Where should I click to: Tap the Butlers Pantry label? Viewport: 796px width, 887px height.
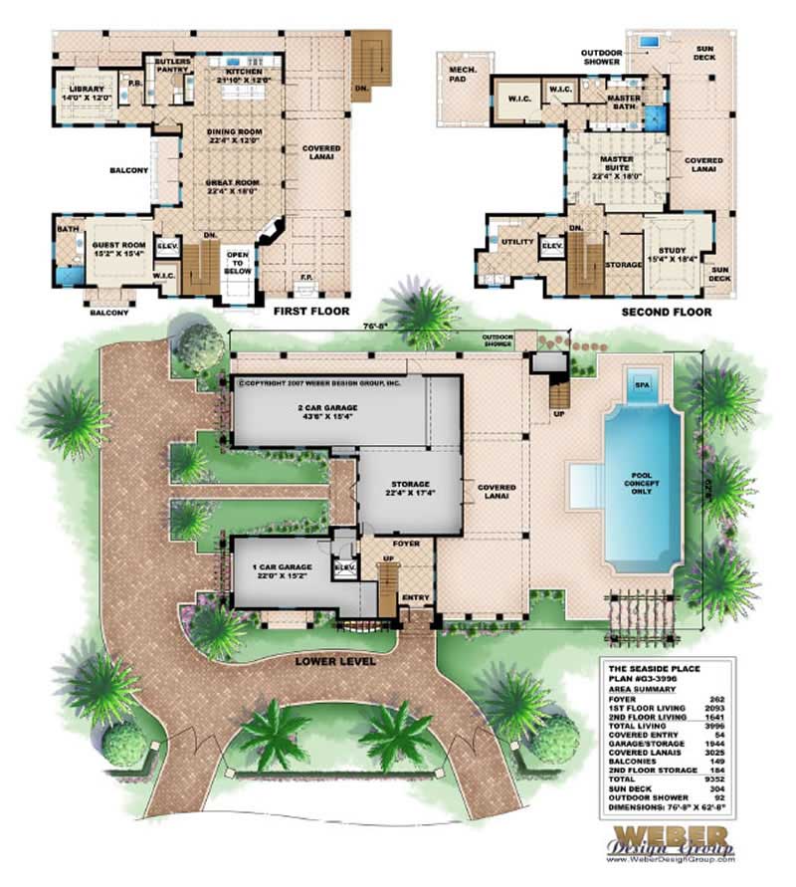tap(173, 67)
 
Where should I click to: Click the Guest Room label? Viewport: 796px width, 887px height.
tap(118, 249)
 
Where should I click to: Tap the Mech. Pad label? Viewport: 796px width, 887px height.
tap(461, 75)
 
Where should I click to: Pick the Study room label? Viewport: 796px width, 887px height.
tap(672, 255)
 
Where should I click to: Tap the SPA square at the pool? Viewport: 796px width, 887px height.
tap(640, 380)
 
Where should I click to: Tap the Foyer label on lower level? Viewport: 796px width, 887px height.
tap(405, 545)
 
